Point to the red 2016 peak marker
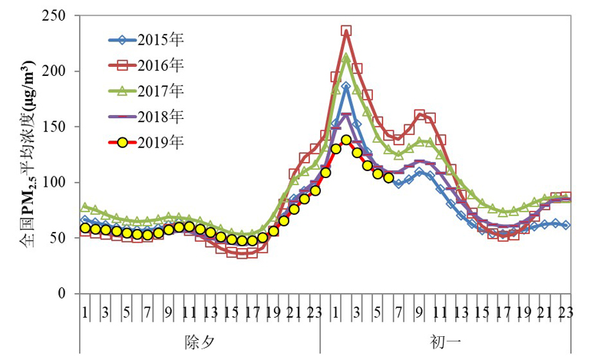346,31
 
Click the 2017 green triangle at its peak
346,58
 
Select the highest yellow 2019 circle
346,140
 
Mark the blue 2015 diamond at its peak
346,87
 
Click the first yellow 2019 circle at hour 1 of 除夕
85,228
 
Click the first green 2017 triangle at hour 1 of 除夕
85,207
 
